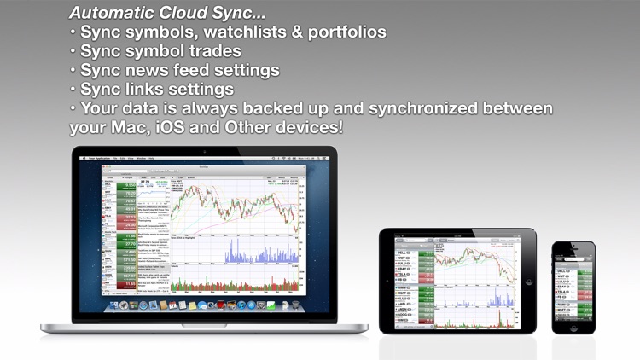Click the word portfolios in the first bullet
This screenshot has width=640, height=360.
[x=343, y=32]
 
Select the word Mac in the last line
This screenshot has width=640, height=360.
[x=123, y=127]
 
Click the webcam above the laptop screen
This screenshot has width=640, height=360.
[x=204, y=150]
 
